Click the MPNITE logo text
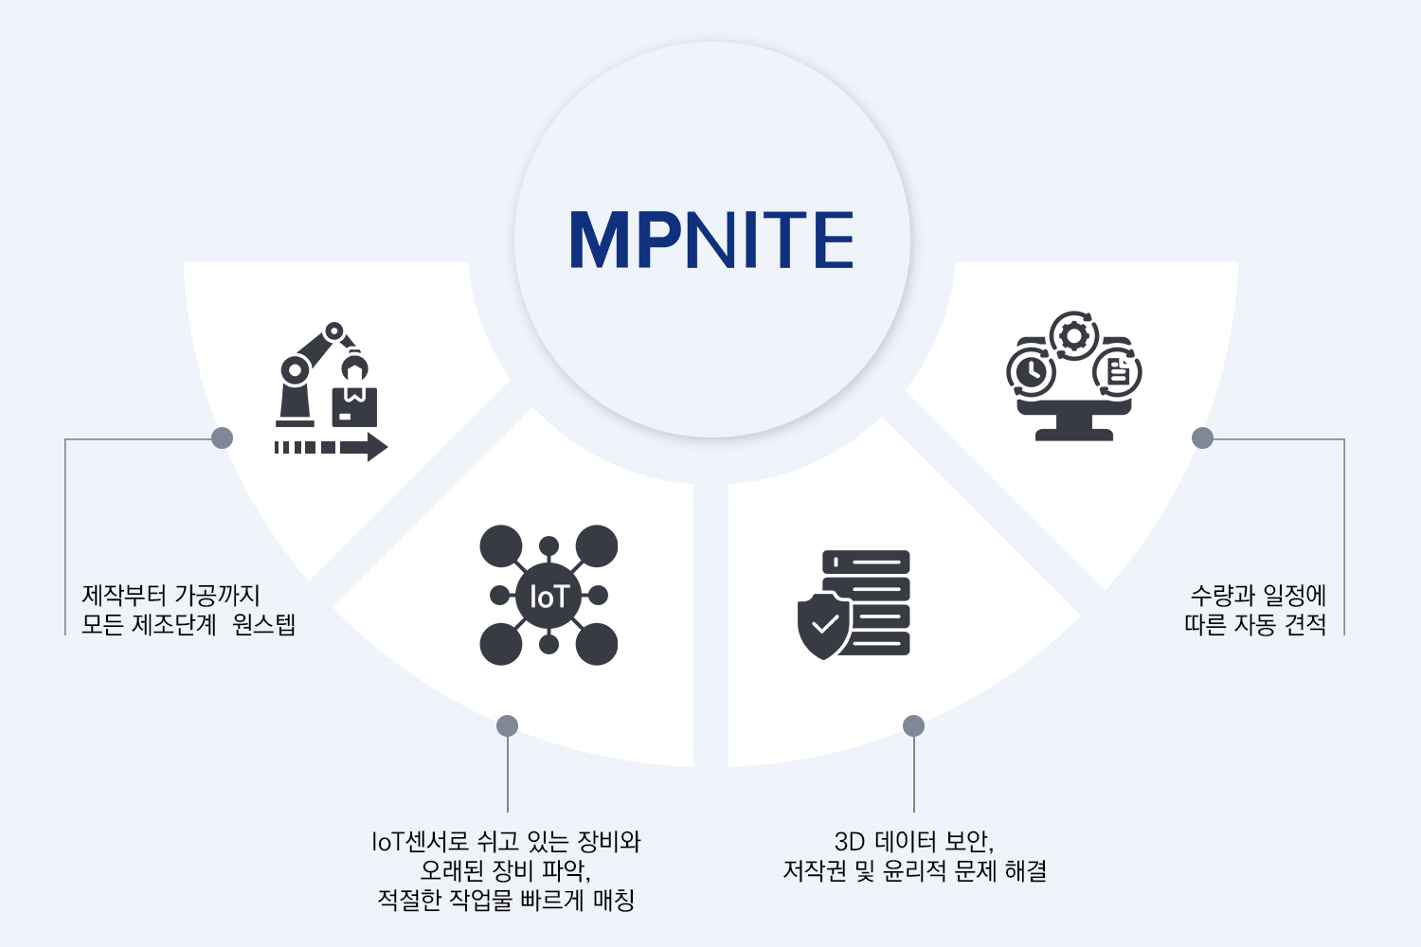(711, 240)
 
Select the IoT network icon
(549, 595)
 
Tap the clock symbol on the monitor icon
(1031, 372)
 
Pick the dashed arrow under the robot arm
(331, 447)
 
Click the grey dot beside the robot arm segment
(223, 438)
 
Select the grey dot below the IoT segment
(508, 725)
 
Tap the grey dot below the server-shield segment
(913, 725)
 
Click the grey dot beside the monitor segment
(1202, 438)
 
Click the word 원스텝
(264, 624)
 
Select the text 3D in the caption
(850, 841)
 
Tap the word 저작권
(815, 870)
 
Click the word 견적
(1305, 624)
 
